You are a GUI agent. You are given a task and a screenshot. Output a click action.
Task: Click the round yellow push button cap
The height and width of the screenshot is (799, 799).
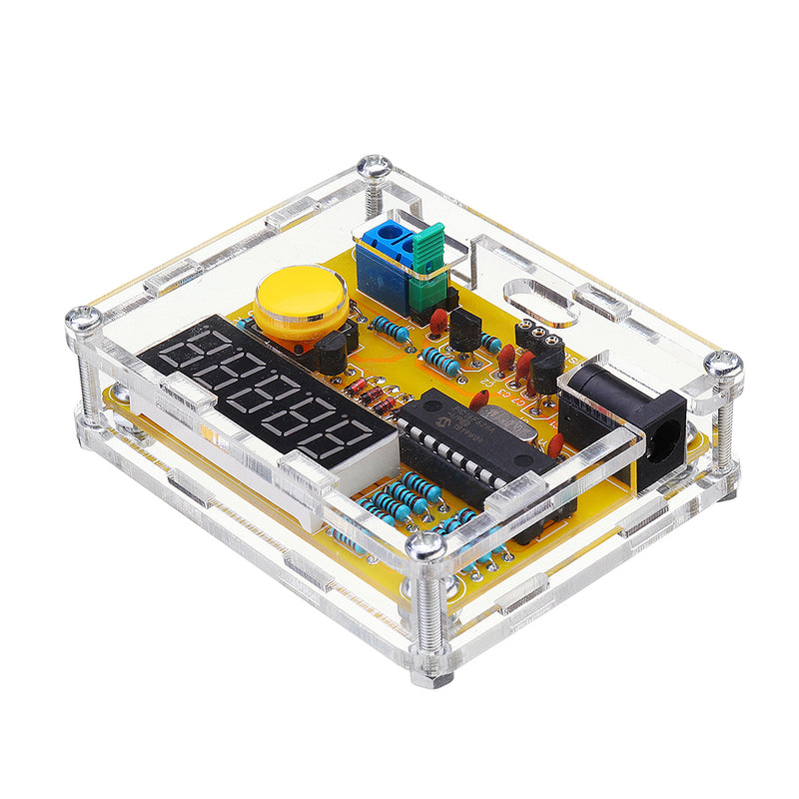[299, 300]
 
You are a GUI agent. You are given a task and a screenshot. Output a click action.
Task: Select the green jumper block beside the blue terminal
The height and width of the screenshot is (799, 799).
[428, 265]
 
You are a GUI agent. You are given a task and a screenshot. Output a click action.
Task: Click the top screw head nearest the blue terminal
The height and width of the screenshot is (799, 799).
[376, 169]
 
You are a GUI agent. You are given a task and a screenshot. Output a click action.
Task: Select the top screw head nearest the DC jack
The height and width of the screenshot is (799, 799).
[722, 365]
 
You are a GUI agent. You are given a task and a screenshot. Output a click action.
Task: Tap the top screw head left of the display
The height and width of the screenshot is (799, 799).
[84, 320]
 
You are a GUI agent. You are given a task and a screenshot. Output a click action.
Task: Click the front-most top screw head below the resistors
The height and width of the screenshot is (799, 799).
[426, 545]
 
